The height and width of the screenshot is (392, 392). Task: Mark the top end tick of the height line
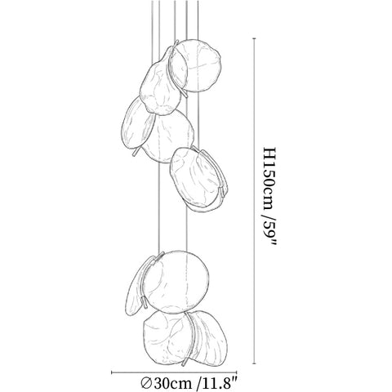(x=254, y=38)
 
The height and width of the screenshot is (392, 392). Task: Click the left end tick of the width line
(x=112, y=372)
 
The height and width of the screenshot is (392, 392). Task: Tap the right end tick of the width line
(x=237, y=372)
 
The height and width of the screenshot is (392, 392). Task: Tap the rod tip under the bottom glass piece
(x=185, y=363)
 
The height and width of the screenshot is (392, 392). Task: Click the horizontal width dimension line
(x=174, y=372)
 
